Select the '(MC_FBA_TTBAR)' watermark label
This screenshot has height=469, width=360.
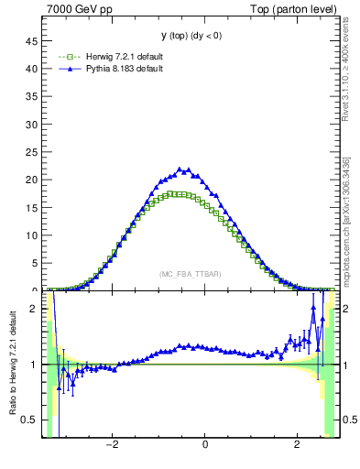click(191, 274)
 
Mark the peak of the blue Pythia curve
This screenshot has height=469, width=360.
click(186, 169)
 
